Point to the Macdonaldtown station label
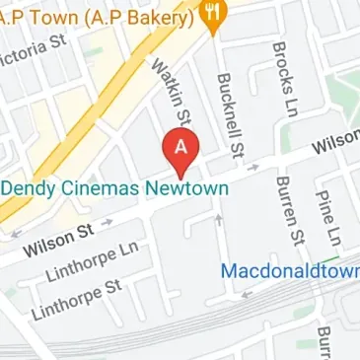289,269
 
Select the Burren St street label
289,206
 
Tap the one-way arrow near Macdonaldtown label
247,292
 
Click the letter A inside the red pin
180,146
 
